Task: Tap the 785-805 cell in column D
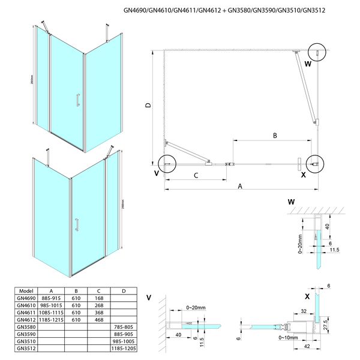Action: click(x=123, y=328)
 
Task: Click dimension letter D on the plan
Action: click(x=148, y=106)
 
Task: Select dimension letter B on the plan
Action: click(x=274, y=136)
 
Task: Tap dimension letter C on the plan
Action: click(x=196, y=175)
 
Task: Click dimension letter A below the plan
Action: click(x=240, y=187)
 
